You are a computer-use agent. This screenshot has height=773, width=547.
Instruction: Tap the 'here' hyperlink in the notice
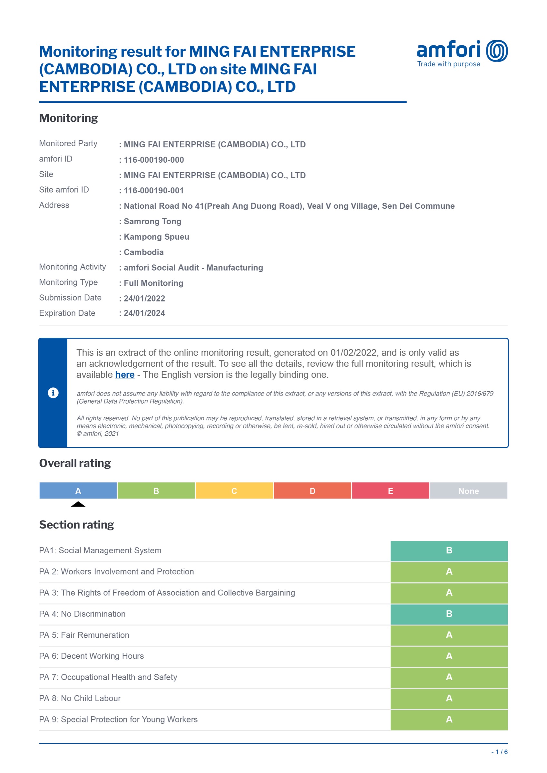tap(125, 375)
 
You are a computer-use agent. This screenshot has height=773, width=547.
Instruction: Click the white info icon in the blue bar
tap(53, 393)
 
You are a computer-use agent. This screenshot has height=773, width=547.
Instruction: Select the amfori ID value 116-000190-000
tap(154, 160)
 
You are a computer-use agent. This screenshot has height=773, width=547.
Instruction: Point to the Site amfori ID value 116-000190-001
tap(154, 191)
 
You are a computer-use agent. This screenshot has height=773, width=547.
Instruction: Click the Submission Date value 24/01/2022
tap(144, 298)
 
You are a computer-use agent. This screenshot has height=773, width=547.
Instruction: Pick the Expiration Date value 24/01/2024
tap(144, 313)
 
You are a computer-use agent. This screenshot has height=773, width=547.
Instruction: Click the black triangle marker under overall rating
tap(78, 504)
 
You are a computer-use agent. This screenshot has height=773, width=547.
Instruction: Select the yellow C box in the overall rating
tap(234, 491)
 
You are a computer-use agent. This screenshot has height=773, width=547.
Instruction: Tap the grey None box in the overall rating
tap(468, 491)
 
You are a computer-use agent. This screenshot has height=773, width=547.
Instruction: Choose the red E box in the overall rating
tap(390, 491)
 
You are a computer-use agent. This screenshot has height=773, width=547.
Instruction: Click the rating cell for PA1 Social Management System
tap(449, 550)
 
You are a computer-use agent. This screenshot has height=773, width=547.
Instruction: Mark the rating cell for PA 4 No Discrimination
tap(449, 614)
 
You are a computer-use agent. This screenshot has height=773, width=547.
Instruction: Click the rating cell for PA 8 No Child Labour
tap(449, 698)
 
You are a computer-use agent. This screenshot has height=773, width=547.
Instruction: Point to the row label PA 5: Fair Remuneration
tap(84, 635)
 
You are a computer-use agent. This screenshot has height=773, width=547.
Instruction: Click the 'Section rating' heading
tap(76, 525)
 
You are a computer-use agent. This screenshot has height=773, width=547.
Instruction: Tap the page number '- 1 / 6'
tap(500, 752)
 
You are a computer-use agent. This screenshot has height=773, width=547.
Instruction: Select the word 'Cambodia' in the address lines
tap(143, 252)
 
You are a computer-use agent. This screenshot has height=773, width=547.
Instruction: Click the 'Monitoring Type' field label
tap(68, 282)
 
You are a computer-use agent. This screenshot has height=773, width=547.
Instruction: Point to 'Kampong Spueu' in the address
tap(156, 237)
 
